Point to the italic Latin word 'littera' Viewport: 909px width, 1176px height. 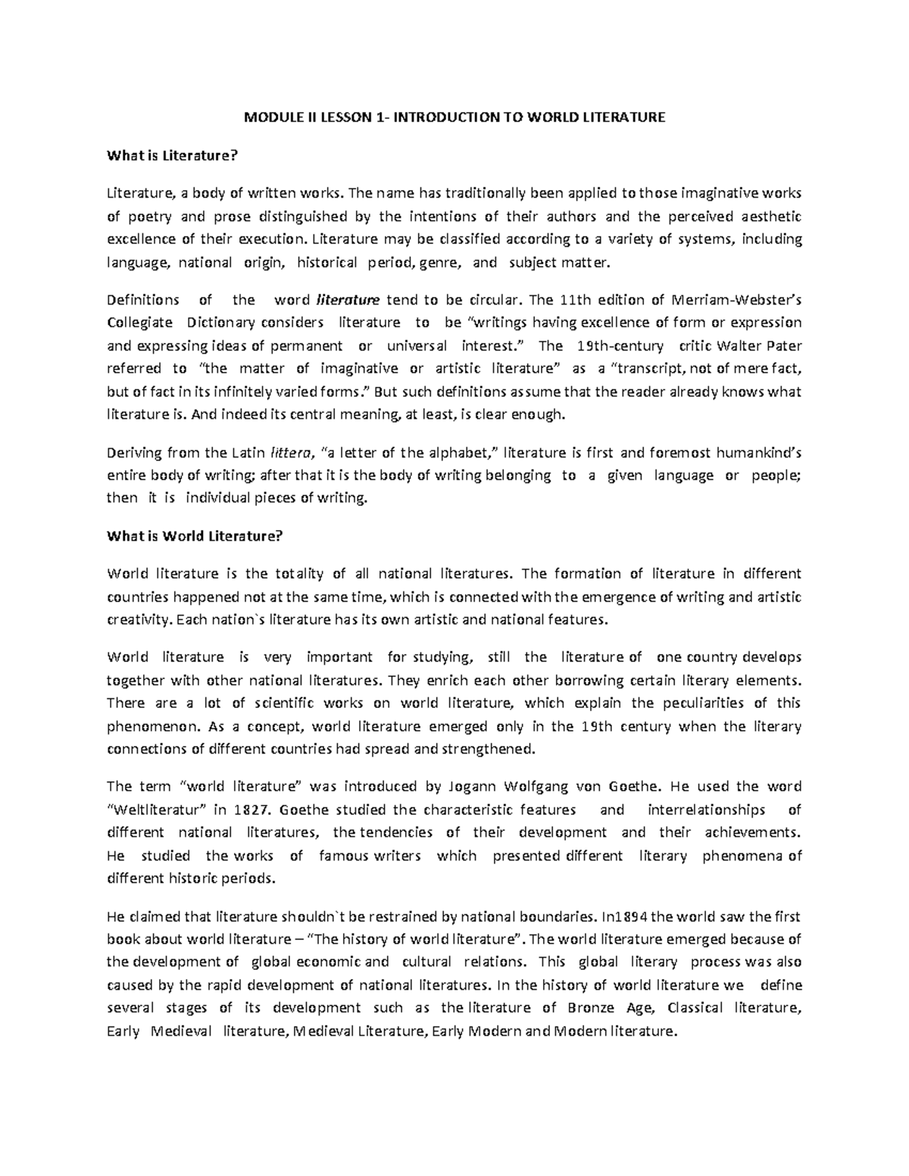point(290,453)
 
